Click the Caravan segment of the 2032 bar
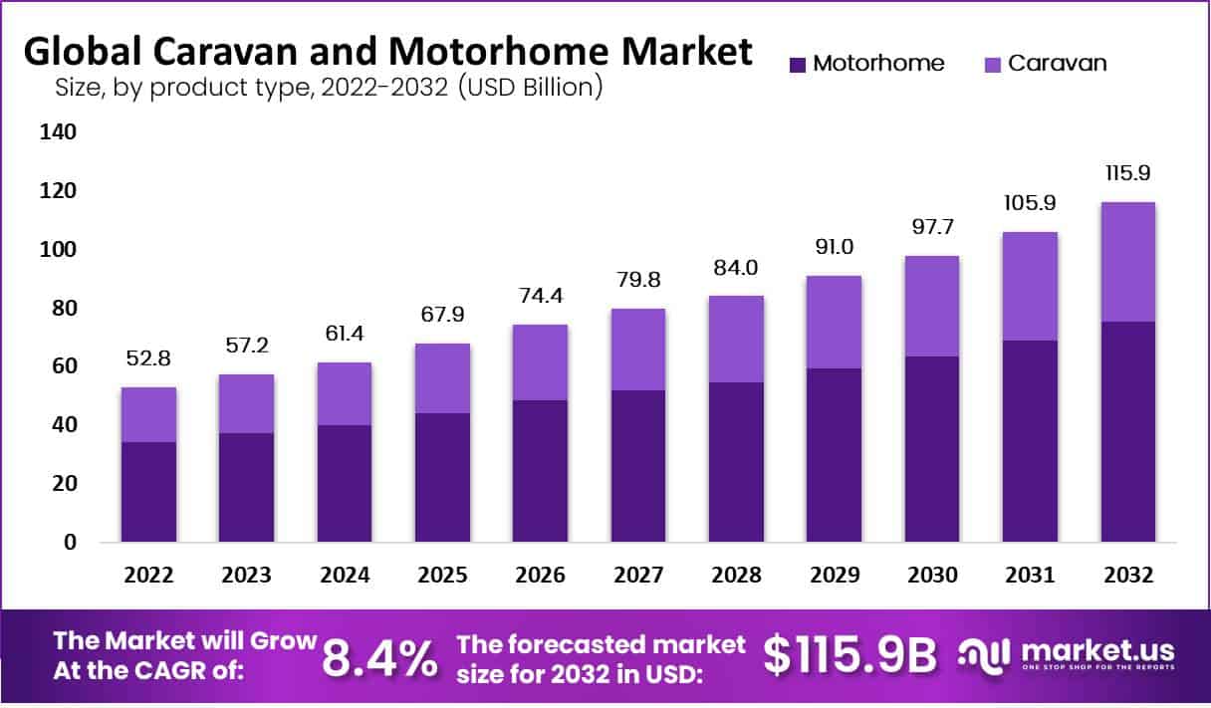point(1127,261)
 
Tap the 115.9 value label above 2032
point(1127,172)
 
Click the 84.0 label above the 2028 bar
point(736,267)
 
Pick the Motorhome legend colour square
point(797,64)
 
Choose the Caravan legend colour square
point(992,64)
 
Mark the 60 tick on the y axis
point(60,366)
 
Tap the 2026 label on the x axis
point(541,576)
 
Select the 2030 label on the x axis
point(932,576)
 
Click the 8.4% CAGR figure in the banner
point(380,656)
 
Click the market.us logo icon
point(986,655)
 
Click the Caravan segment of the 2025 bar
point(442,377)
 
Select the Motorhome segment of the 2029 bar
point(834,454)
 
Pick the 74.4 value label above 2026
point(541,296)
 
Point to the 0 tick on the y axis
point(70,543)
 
